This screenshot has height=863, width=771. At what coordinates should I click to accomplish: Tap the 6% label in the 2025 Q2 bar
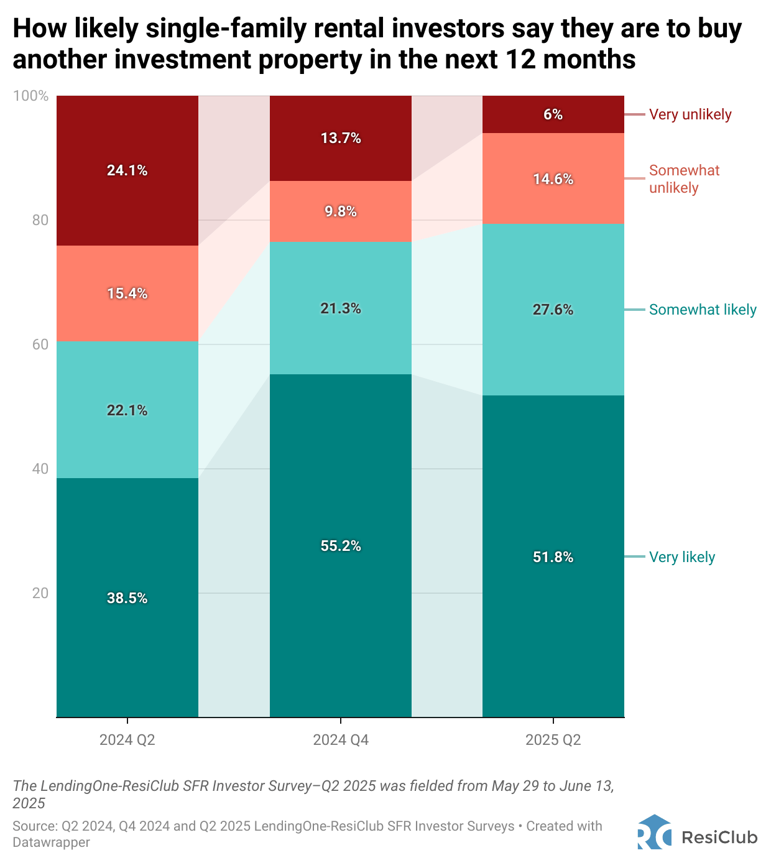point(553,114)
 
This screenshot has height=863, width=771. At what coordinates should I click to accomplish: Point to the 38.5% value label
point(127,598)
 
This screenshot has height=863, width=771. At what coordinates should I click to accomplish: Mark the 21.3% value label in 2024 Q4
point(341,308)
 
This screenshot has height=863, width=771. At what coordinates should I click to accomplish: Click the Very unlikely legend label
point(690,114)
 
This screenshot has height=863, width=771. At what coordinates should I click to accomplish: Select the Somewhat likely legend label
point(703,310)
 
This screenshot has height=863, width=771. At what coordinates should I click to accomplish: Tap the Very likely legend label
point(682,557)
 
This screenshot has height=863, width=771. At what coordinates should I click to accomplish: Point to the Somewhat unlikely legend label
point(684,179)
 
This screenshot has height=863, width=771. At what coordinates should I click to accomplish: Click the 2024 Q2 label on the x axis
point(127,740)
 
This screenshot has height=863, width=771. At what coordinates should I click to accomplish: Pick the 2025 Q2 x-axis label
point(553,740)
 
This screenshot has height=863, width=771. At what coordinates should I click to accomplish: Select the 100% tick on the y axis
point(30,96)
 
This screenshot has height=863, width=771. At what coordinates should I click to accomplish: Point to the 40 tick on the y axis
point(40,469)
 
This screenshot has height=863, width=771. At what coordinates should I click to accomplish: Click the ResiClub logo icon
point(654,832)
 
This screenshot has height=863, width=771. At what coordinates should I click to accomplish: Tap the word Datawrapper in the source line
point(51,842)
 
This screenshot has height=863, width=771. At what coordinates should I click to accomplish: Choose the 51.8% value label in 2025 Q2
point(553,557)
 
